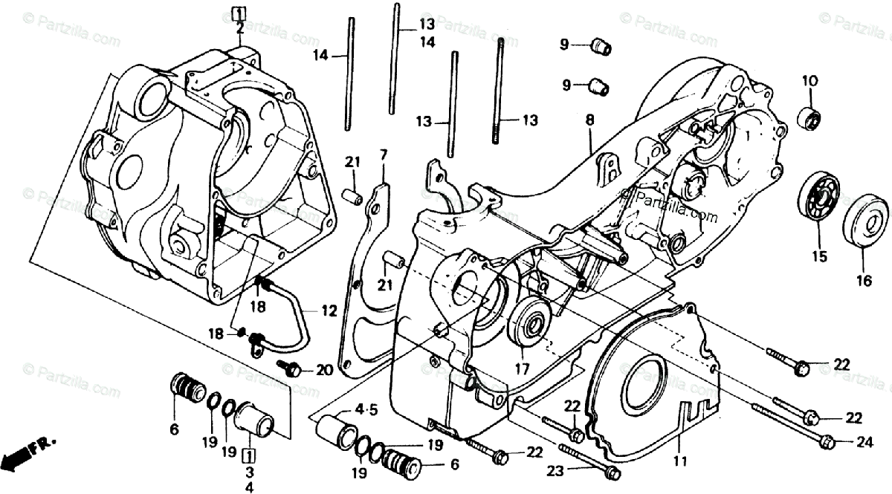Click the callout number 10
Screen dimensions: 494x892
coord(809,80)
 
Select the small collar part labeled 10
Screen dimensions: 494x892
coord(809,117)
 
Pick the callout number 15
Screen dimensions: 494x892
coord(818,258)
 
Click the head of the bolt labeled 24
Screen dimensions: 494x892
coord(826,443)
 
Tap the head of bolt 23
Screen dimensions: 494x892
coord(612,472)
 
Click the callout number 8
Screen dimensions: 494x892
coord(589,119)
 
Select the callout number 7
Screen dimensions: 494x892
coord(384,155)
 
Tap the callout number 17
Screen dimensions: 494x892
coord(520,368)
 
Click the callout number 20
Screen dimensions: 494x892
coord(323,369)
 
